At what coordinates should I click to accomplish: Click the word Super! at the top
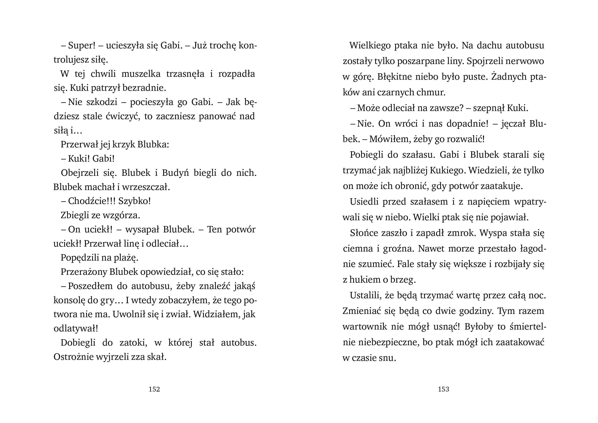coord(81,45)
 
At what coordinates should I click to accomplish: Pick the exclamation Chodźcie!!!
coord(91,201)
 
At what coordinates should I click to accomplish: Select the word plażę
coord(126,258)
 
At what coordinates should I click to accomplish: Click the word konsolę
coord(69,300)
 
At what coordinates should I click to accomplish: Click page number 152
coord(154,389)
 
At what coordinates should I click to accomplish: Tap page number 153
coord(443,389)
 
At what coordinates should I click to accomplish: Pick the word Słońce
coord(364,233)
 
